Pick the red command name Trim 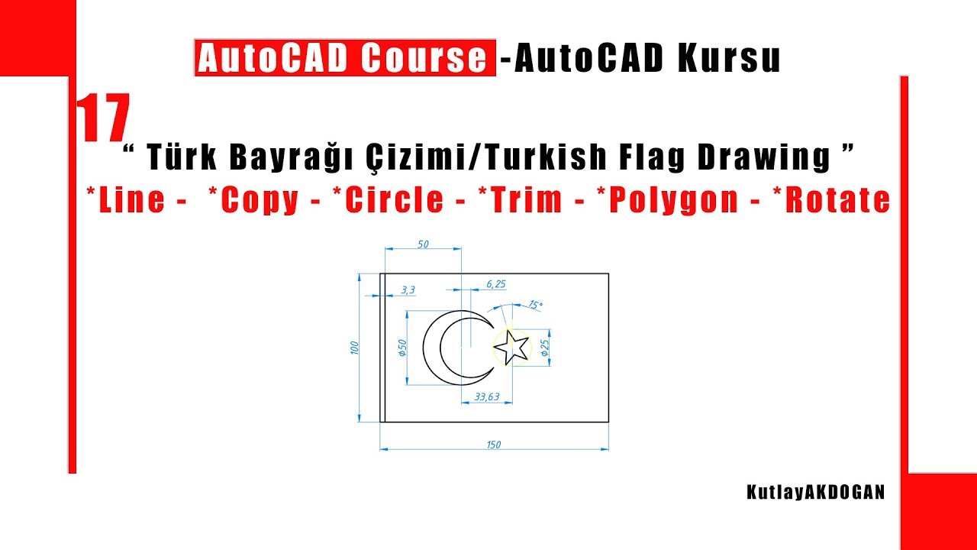tap(535, 200)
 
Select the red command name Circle tap(394, 200)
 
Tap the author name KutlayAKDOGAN tap(816, 493)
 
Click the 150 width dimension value tap(493, 445)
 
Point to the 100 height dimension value tap(353, 348)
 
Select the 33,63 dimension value tap(486, 396)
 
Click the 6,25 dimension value tap(495, 283)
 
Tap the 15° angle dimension tap(535, 305)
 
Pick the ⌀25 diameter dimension tap(544, 348)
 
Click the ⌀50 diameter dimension tap(401, 348)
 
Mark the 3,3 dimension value tap(408, 290)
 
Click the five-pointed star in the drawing tap(511, 348)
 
